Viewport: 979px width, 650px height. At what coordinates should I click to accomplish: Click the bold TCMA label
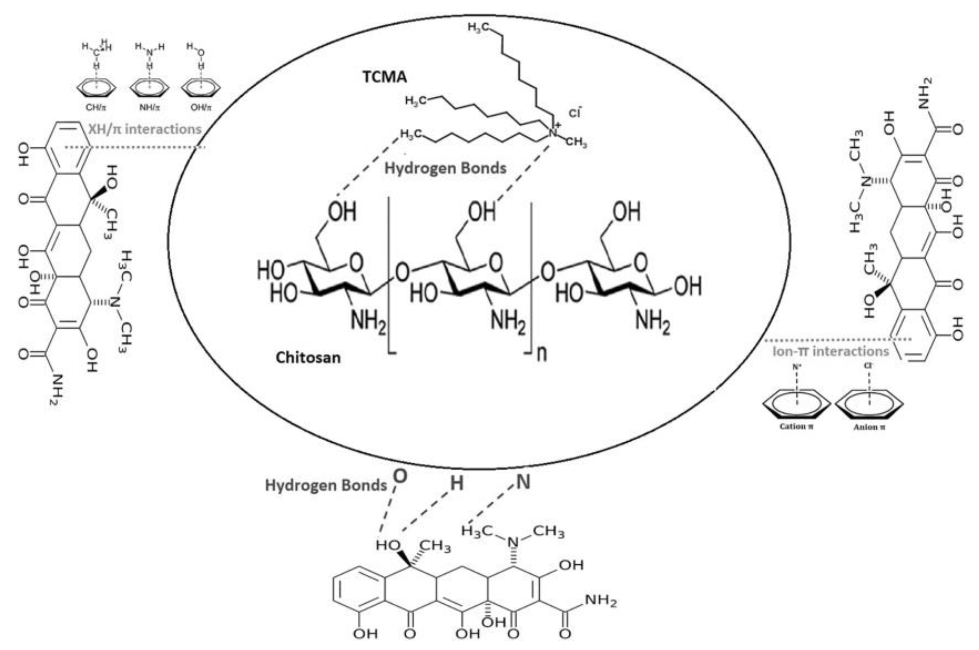385,77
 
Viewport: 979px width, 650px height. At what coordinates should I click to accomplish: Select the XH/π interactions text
145,129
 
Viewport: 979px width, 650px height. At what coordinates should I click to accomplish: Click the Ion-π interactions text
831,351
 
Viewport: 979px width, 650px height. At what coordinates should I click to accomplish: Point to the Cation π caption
796,426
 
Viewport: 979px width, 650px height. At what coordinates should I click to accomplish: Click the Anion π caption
869,427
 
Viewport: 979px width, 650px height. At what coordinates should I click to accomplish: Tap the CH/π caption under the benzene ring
96,108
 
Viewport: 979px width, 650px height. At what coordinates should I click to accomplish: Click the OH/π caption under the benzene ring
201,108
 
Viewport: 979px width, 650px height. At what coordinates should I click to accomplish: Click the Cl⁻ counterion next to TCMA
574,113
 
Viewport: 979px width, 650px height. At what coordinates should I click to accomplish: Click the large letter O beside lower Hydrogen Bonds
400,477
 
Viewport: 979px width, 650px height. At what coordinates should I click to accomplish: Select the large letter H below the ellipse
457,483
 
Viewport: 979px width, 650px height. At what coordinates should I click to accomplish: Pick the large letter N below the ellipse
523,482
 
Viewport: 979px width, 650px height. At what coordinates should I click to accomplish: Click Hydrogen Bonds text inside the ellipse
445,168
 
